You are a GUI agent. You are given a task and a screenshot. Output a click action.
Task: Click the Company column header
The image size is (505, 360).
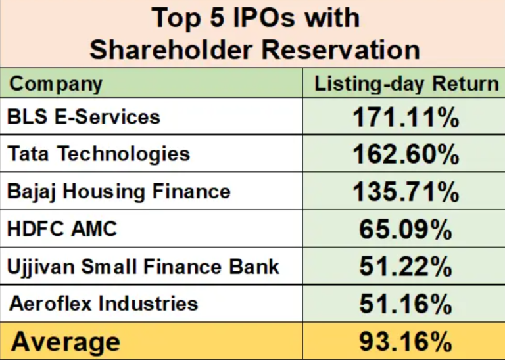point(57,83)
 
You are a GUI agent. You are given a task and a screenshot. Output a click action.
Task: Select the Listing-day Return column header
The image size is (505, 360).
point(406,83)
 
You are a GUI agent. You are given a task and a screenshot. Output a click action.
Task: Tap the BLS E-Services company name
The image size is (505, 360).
point(84,117)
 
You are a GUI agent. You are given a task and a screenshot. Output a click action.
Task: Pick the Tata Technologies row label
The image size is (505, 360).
point(99,154)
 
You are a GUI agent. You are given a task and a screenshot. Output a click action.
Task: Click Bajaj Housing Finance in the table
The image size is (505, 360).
point(119,191)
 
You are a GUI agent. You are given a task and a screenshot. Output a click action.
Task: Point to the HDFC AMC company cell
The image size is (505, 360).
point(62,229)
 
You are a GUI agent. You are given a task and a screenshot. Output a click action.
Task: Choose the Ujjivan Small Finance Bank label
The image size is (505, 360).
point(143,266)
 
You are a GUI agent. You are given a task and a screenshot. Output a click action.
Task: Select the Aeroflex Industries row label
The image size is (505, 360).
point(103,304)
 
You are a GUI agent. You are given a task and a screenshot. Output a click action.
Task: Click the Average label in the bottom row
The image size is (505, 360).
point(66,342)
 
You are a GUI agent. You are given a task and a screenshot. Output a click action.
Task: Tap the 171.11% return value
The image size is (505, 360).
point(405,118)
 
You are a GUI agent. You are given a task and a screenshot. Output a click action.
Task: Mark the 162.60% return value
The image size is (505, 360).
point(405,154)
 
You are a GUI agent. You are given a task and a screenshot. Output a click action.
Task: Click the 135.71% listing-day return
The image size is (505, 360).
point(405,192)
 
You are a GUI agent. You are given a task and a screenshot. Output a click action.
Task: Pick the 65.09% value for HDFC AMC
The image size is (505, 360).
point(405,229)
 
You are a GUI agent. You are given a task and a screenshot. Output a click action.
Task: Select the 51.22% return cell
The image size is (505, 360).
point(405,267)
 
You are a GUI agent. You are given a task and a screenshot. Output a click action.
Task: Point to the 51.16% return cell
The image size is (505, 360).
point(405,304)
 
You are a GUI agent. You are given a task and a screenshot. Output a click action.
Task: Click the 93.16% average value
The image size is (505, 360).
point(405,342)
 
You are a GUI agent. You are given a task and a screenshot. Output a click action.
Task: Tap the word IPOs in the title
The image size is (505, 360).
point(264,18)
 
